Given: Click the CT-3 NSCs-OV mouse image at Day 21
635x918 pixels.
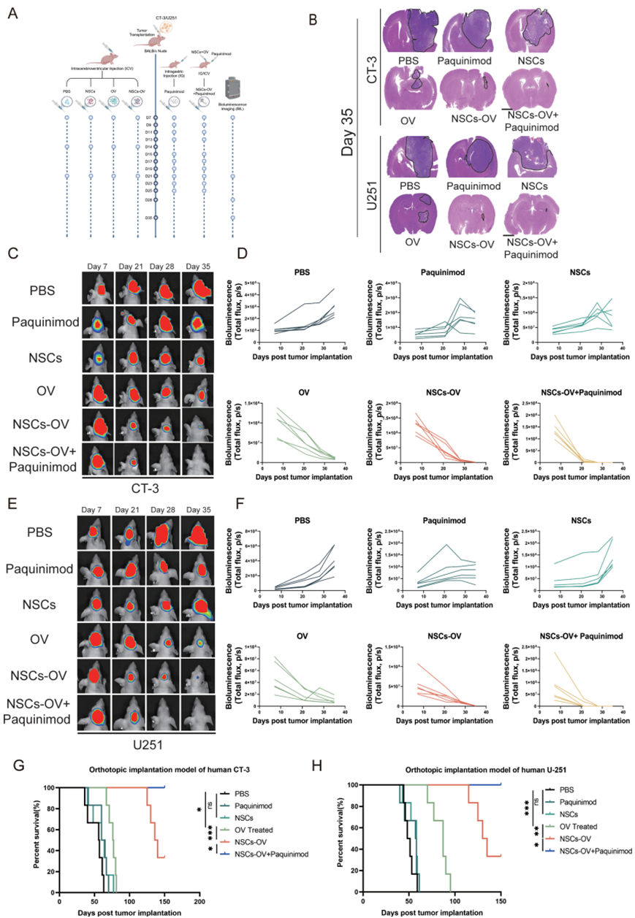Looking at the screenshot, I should [130, 424].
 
